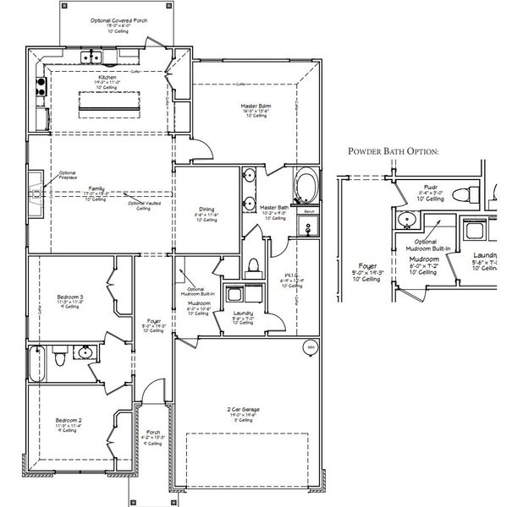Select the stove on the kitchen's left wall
(x=39, y=84)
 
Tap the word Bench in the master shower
(x=310, y=213)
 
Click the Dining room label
(x=206, y=210)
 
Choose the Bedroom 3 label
(x=69, y=298)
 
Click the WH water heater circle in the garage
(x=310, y=347)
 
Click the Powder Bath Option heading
(x=394, y=152)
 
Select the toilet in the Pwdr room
(x=460, y=196)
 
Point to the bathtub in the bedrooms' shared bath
(x=35, y=363)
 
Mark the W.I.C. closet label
(x=288, y=275)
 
